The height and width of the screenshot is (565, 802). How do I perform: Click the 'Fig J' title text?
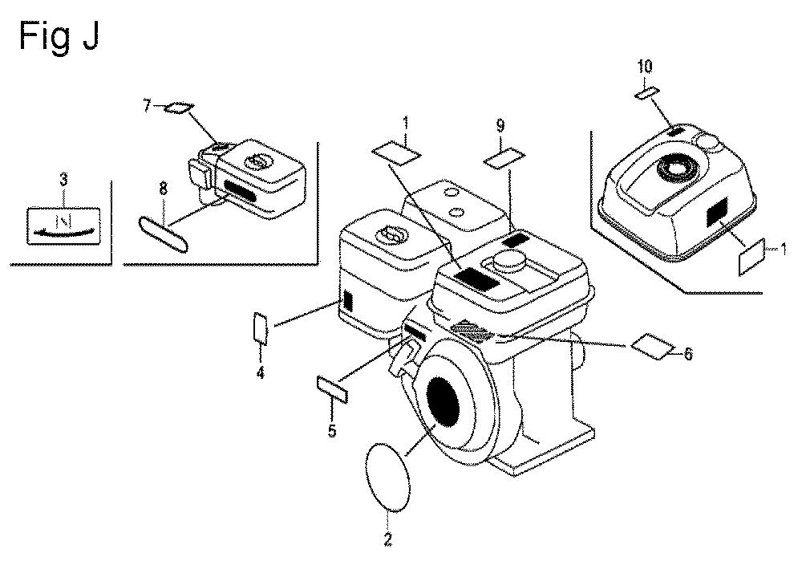tap(59, 36)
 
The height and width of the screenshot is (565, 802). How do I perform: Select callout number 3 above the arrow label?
tap(63, 180)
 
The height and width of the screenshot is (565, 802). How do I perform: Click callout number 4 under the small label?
tap(261, 372)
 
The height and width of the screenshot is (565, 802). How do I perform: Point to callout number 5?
tap(333, 431)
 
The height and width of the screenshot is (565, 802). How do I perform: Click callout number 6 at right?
tap(688, 354)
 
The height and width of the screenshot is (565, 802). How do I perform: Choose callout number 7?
tap(147, 106)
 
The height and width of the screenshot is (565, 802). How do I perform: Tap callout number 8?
tap(163, 189)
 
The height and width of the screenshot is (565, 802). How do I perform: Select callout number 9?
tap(500, 125)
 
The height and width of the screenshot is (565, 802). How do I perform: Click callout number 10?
tap(645, 66)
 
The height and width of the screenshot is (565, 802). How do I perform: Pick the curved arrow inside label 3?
tap(64, 233)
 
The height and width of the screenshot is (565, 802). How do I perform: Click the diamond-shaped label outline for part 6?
tap(653, 347)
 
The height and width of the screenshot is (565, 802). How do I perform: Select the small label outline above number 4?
tap(261, 328)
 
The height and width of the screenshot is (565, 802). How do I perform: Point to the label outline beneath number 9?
tap(504, 158)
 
